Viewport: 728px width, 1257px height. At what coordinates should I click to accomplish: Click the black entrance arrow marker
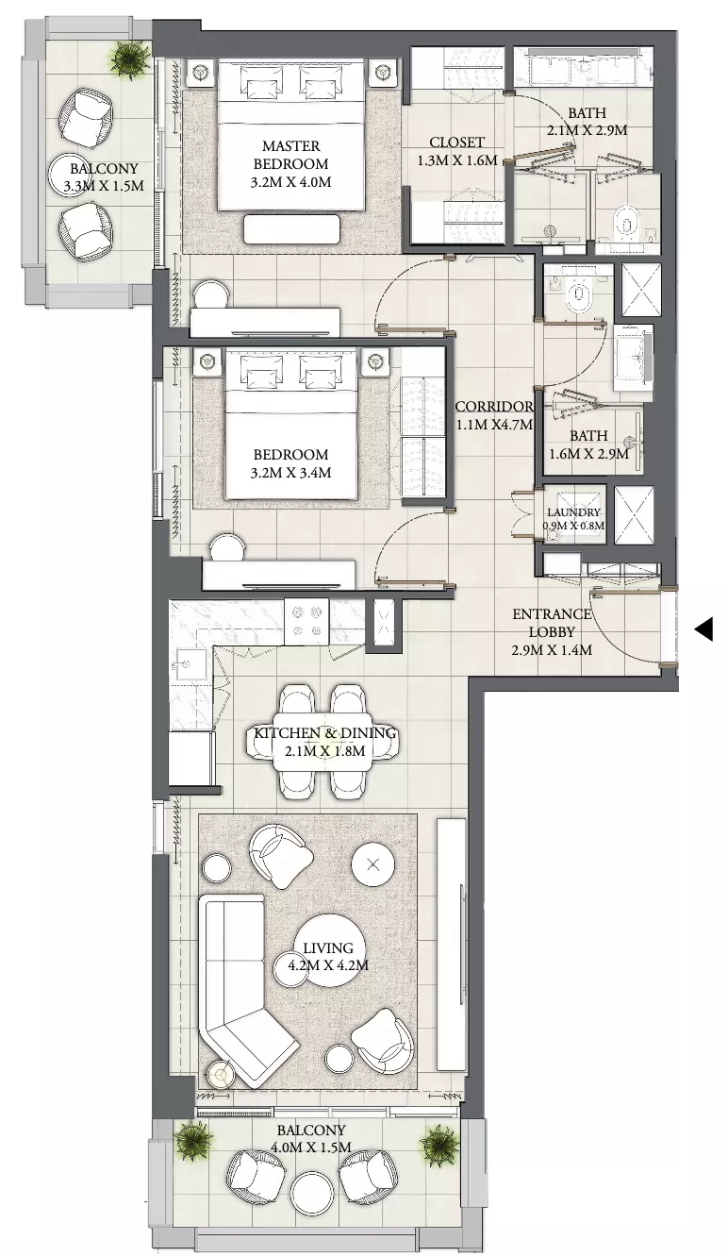point(704,628)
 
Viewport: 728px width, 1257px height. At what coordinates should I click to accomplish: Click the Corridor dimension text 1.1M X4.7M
point(494,425)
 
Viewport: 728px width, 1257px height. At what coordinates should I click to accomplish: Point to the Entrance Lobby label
point(552,623)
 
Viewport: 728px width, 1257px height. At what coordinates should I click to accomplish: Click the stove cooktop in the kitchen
point(306,622)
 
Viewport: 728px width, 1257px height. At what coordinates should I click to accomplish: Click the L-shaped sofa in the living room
point(241,994)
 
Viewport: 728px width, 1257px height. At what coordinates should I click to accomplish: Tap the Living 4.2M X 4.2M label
point(328,957)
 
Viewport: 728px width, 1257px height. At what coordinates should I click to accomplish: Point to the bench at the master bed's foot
point(291,229)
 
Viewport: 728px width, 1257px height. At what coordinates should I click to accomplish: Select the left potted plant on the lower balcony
point(193,1140)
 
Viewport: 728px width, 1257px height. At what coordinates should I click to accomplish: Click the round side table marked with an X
point(373,865)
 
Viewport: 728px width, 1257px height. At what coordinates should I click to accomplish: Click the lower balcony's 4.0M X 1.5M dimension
point(310,1147)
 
